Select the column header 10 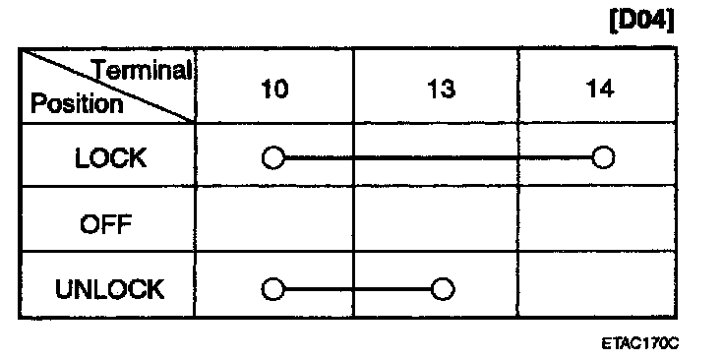tap(274, 89)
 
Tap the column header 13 tap(440, 89)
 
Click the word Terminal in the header tap(144, 71)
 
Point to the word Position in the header tap(77, 104)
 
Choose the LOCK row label tap(110, 158)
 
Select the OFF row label tap(105, 225)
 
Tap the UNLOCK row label tap(109, 289)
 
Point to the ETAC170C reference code tap(640, 344)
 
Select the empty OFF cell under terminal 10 tap(274, 219)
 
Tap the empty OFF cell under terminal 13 tap(436, 219)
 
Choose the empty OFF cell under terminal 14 tap(596, 219)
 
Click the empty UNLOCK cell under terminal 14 tap(596, 284)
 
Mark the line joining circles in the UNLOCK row tap(358, 290)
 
